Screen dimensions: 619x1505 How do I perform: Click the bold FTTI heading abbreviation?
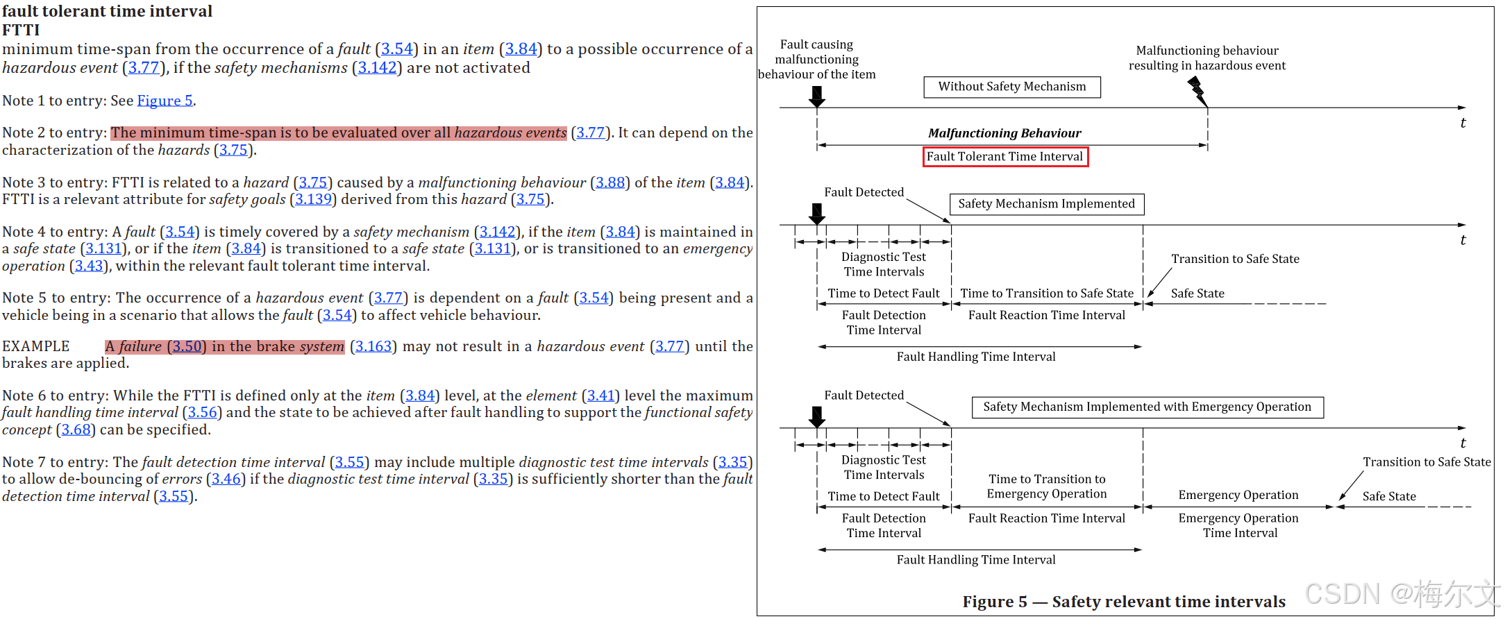click(21, 30)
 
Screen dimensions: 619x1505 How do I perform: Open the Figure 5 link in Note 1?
click(165, 101)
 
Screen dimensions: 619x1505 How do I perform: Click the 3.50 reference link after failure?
click(187, 346)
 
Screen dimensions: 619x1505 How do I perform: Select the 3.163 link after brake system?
click(373, 346)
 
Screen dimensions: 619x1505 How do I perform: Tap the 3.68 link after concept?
click(76, 430)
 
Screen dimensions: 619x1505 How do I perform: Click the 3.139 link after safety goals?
click(312, 199)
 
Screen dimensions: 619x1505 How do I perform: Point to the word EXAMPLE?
click(36, 346)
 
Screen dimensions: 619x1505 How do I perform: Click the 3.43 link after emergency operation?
click(89, 266)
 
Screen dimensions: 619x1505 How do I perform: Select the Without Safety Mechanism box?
click(1012, 87)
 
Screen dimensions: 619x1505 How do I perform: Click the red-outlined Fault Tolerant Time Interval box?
click(1005, 157)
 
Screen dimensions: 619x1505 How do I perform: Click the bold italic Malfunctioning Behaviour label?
click(1004, 133)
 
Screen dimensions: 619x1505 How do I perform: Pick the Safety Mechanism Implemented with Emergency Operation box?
click(1147, 407)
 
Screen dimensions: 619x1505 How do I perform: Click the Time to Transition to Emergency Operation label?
click(1047, 486)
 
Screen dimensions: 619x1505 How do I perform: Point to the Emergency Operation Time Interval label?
click(1239, 525)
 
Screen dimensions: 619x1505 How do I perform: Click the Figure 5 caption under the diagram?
click(1123, 602)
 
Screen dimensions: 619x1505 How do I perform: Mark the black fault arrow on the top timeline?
click(817, 96)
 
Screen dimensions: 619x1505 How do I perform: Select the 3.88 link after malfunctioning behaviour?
click(610, 183)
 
